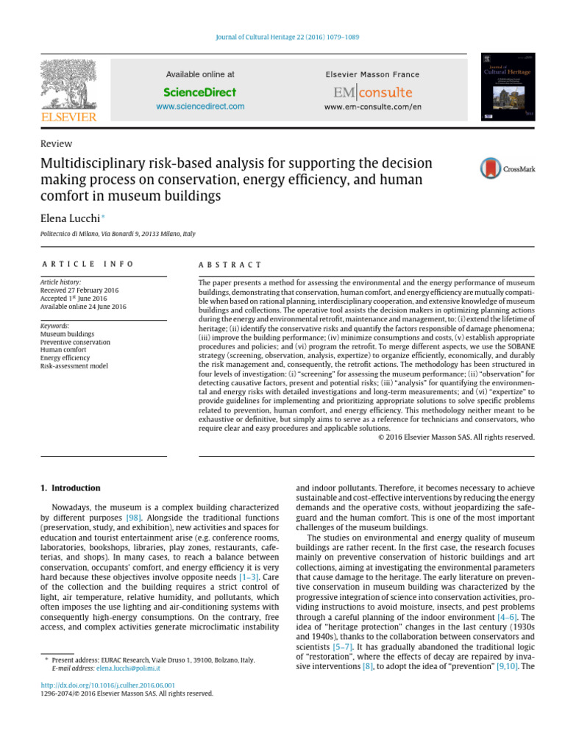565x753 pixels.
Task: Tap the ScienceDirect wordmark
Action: pos(200,92)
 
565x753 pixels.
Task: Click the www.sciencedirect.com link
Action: pos(200,107)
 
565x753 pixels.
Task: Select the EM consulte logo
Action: pos(372,93)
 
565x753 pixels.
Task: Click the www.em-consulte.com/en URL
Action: pos(372,107)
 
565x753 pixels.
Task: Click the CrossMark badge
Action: pos(508,168)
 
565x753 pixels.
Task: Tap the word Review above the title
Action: pos(56,144)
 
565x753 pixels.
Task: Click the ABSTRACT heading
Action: pos(230,264)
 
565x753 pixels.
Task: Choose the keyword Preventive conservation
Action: pos(76,342)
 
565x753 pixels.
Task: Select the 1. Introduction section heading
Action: pos(70,488)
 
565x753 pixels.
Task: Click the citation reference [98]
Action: pos(134,518)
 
